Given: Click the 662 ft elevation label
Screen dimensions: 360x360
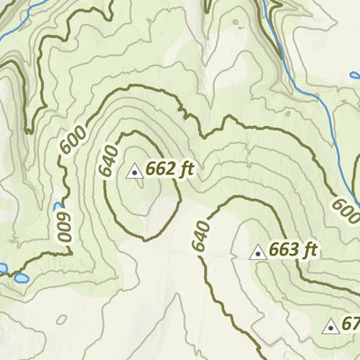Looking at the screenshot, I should pos(170,168).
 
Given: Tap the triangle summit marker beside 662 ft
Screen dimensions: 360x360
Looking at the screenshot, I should pos(134,169).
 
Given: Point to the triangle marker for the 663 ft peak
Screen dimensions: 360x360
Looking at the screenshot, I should pos(257,252).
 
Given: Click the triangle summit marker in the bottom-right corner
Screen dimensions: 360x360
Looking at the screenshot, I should pos(330,326).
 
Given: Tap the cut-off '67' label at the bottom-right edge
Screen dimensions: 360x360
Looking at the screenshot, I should pos(350,324).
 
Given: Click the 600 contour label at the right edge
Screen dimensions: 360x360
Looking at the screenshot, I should pos(345,209).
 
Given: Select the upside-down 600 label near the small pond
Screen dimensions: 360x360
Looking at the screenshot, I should pos(63,226).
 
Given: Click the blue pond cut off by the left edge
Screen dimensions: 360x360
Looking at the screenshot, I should pos(3,268).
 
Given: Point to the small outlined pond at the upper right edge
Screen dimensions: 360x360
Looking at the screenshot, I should pos(354,75).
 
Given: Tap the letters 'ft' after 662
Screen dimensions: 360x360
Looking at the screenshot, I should pos(186,168).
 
